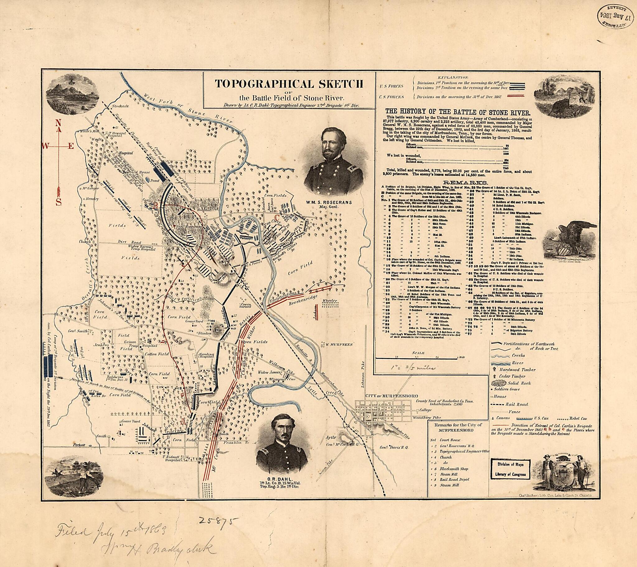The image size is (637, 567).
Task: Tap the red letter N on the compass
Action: (x=58, y=123)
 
